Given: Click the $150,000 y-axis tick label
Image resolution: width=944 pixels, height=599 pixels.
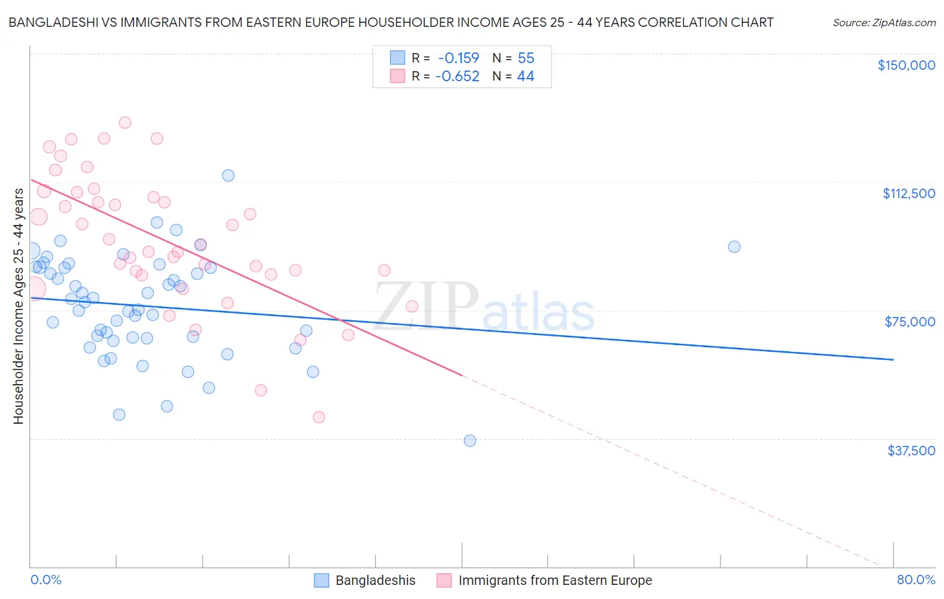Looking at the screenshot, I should pyautogui.click(x=906, y=65).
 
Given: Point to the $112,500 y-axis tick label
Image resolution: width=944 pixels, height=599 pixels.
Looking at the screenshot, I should pyautogui.click(x=908, y=193).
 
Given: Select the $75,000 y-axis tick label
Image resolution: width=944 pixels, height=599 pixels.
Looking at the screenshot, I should pyautogui.click(x=910, y=322).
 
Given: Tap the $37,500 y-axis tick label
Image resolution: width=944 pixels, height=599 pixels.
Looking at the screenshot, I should pyautogui.click(x=911, y=451).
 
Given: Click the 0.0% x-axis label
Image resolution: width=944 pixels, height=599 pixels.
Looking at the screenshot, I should pyautogui.click(x=46, y=580).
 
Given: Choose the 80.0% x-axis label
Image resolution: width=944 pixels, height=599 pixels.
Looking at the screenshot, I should pyautogui.click(x=916, y=580).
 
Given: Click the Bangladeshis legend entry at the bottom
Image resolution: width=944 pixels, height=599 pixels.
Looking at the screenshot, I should pyautogui.click(x=375, y=580).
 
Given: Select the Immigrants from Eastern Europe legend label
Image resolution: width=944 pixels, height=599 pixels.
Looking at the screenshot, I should pyautogui.click(x=555, y=580).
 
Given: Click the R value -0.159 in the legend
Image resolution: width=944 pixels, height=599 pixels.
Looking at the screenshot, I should pyautogui.click(x=458, y=58).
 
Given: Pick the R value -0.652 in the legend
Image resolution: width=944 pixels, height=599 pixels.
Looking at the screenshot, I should pyautogui.click(x=457, y=77).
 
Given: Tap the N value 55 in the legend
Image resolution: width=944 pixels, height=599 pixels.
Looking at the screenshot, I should pyautogui.click(x=526, y=58).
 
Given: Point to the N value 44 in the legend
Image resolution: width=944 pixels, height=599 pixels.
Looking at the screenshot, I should pyautogui.click(x=525, y=77).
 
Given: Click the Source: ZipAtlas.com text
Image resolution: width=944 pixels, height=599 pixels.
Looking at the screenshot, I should pyautogui.click(x=884, y=23).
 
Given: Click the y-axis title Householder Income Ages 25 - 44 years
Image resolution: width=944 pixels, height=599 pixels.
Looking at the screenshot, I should pyautogui.click(x=18, y=306).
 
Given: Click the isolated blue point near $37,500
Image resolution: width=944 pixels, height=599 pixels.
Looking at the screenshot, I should pyautogui.click(x=470, y=441).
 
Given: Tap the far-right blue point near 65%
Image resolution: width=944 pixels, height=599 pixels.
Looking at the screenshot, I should pyautogui.click(x=734, y=246).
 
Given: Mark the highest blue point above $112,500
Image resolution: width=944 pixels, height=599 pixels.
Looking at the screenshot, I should pyautogui.click(x=228, y=175).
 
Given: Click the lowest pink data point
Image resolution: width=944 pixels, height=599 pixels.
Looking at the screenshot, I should pyautogui.click(x=319, y=417).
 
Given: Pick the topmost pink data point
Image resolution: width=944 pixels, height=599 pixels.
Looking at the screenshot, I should pyautogui.click(x=125, y=122).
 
